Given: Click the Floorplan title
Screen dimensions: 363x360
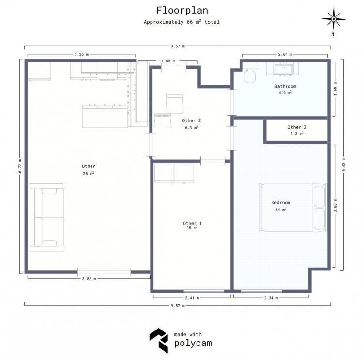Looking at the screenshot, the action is (182, 11).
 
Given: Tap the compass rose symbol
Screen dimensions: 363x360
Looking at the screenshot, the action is (333, 19).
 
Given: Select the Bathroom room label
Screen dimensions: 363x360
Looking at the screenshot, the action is (285, 86).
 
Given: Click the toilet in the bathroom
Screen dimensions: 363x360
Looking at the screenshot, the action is (250, 73).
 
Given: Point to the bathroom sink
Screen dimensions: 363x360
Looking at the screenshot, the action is (283, 69).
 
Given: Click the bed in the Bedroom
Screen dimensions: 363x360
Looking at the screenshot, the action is (293, 208).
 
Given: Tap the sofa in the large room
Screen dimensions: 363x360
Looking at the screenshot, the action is (47, 217).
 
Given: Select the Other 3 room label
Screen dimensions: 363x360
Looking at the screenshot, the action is (297, 127).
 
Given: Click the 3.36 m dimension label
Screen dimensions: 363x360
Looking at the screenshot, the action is (81, 54).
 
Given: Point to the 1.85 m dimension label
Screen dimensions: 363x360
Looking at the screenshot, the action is (168, 61).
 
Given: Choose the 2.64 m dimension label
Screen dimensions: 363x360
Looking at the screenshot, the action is (285, 54).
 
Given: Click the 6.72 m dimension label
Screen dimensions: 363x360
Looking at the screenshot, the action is (20, 166).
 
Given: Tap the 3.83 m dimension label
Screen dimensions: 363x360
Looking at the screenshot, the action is (89, 279).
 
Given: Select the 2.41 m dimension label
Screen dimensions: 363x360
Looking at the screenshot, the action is (192, 298).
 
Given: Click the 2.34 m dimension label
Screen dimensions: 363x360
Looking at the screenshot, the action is (271, 298).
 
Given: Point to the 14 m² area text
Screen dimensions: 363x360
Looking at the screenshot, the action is (281, 210).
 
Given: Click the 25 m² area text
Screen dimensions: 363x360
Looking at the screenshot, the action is (89, 173).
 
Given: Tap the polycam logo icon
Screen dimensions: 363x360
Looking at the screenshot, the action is (159, 340).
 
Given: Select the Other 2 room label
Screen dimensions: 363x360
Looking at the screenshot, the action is (192, 120).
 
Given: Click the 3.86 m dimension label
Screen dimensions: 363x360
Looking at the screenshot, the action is (335, 205).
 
